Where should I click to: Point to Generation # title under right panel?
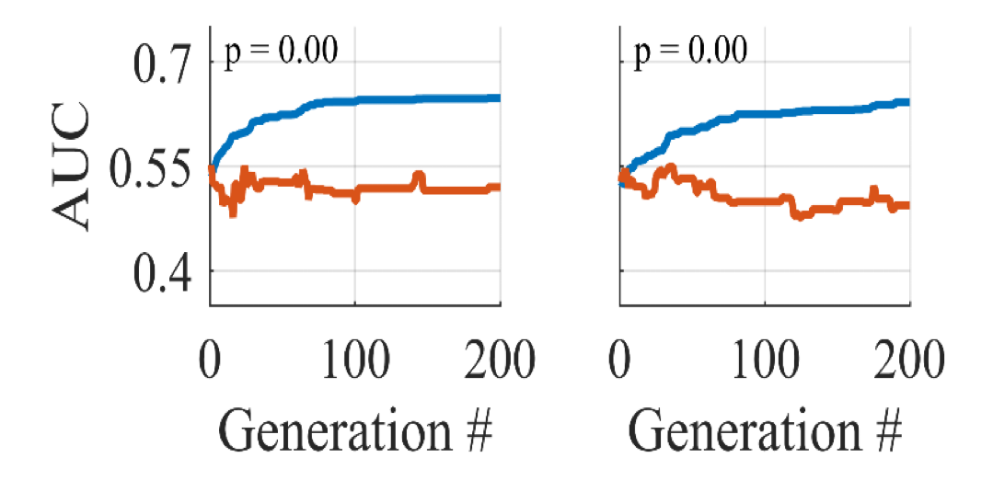tap(765, 428)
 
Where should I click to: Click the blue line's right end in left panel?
tap(499, 97)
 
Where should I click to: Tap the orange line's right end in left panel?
tap(499, 188)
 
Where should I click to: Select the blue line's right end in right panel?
tap(908, 102)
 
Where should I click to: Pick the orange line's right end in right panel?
tap(908, 205)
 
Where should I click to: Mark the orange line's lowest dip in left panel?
tap(232, 212)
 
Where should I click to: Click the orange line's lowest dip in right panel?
tap(799, 217)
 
